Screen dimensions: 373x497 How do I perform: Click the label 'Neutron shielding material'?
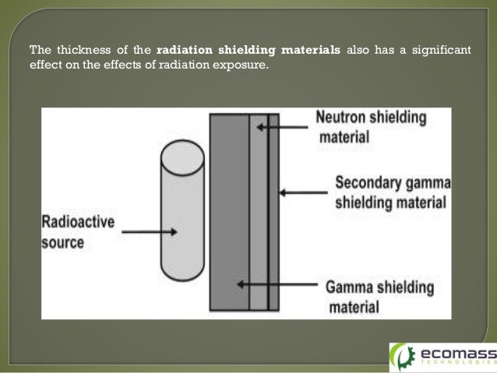[x=370, y=127]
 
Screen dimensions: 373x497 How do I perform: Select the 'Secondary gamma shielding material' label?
[x=392, y=192]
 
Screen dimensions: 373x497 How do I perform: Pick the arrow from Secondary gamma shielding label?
[x=304, y=192]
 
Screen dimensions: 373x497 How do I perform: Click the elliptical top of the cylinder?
[x=182, y=153]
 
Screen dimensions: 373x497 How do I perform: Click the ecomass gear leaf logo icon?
[x=403, y=356]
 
